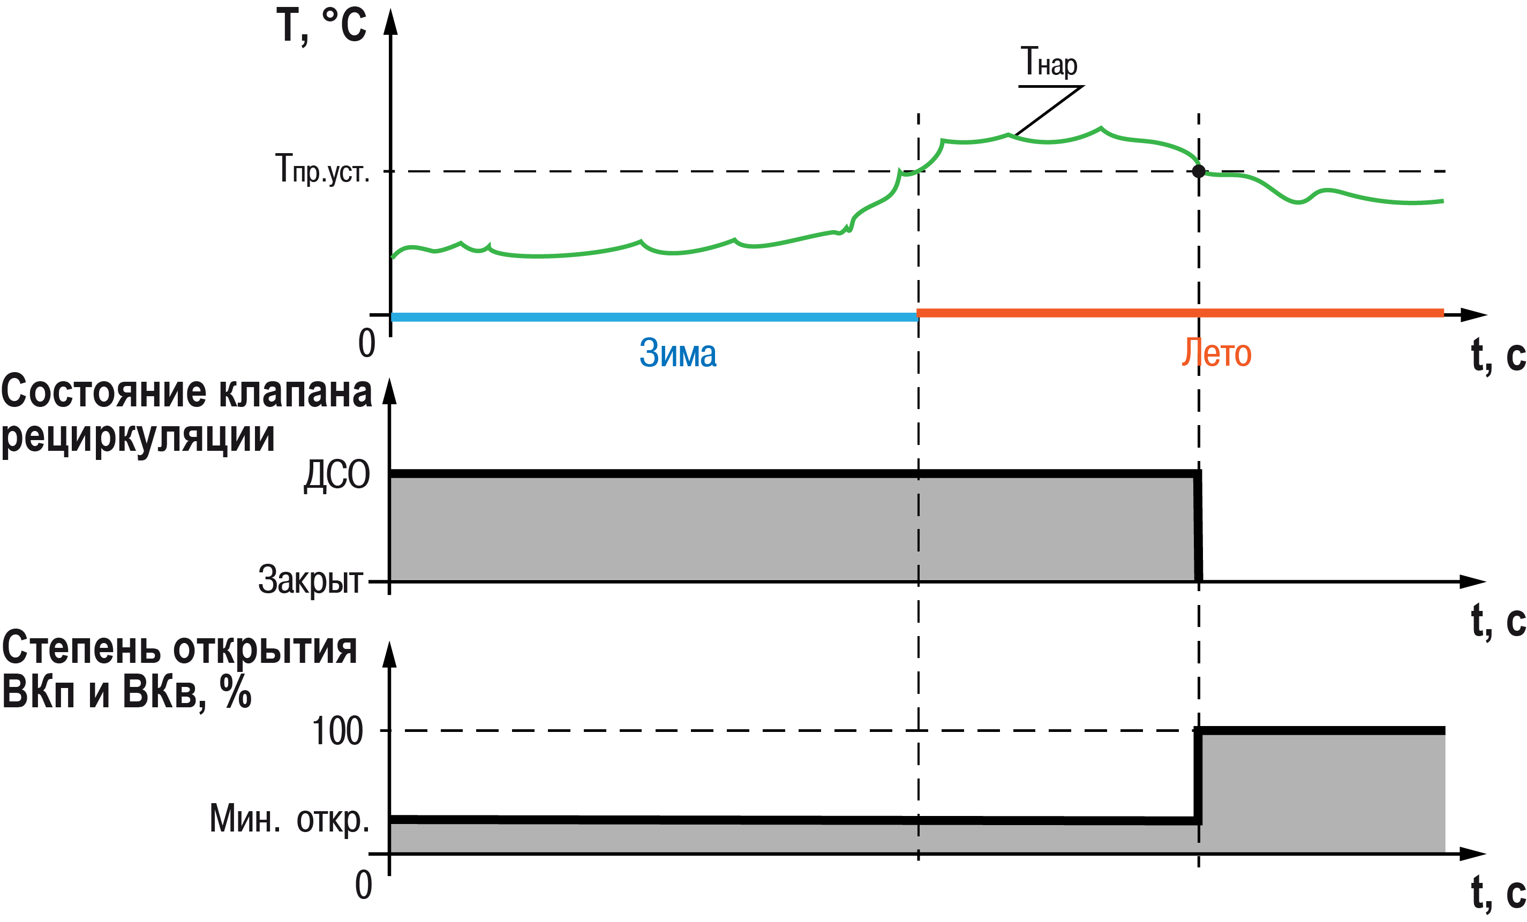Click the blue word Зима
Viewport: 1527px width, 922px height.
coord(678,353)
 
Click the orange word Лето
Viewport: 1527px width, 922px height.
coord(1216,353)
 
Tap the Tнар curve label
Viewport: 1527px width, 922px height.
coord(1049,63)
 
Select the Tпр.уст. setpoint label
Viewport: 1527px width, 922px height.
coord(322,169)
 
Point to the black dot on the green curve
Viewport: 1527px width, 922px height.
coord(1199,171)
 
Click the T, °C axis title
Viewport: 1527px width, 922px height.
coord(321,26)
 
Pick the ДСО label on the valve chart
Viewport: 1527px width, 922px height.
coord(336,476)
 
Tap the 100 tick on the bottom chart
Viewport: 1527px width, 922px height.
coord(337,732)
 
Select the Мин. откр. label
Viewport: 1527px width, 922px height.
coord(289,819)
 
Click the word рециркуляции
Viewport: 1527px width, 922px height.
coord(138,437)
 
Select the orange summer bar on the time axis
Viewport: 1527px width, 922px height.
coord(1180,313)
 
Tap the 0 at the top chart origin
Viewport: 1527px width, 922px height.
coord(367,343)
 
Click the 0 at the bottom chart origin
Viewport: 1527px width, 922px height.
coord(364,885)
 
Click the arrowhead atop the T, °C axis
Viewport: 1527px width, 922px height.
coord(390,22)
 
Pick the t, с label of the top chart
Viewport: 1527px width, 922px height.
coord(1498,355)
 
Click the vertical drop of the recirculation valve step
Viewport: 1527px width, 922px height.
coord(1198,527)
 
